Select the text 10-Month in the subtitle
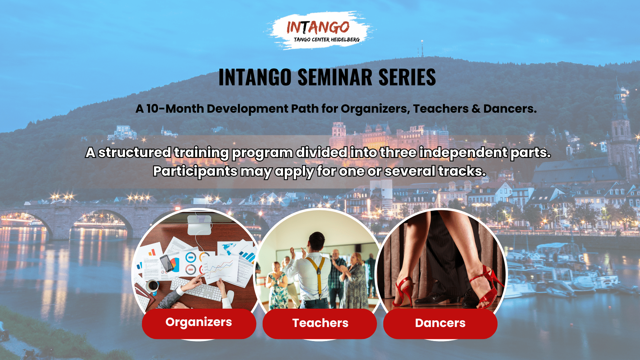pyautogui.click(x=175, y=109)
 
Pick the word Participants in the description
pyautogui.click(x=195, y=171)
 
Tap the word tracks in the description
pyautogui.click(x=462, y=171)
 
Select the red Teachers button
pyautogui.click(x=320, y=323)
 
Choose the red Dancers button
pyautogui.click(x=440, y=323)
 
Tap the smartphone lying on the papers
pyautogui.click(x=167, y=263)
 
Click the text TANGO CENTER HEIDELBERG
pyautogui.click(x=327, y=40)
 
